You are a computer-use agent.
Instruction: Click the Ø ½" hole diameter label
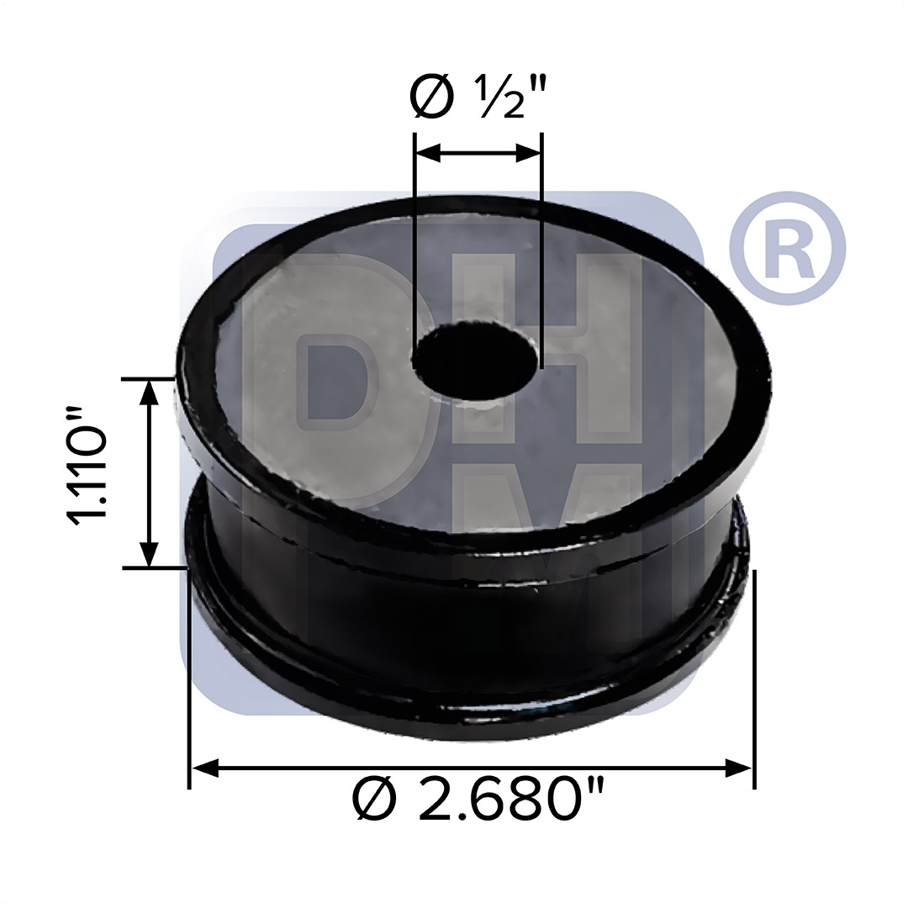click(477, 98)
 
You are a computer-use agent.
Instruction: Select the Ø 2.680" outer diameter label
click(478, 800)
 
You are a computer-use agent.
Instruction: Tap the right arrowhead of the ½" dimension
click(529, 153)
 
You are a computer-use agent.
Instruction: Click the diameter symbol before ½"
click(431, 98)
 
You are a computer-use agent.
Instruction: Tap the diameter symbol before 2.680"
click(373, 800)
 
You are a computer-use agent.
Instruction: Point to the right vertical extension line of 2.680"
click(754, 673)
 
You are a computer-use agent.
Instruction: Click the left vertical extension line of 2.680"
click(189, 673)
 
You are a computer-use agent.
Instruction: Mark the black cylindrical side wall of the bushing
click(471, 639)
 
